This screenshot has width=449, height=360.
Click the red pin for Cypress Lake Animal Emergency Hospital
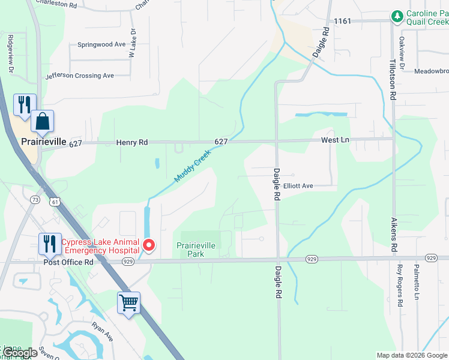[x=148, y=245]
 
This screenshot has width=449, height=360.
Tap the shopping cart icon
[x=129, y=303]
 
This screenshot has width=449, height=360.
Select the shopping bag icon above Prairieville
[x=43, y=122]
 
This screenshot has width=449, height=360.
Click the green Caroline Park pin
[x=396, y=16]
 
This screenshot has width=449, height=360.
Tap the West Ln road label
[x=335, y=140]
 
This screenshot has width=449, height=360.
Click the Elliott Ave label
[x=298, y=186]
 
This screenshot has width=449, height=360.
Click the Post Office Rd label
[x=68, y=262]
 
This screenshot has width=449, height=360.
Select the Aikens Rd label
[x=394, y=235]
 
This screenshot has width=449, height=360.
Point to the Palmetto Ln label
[x=416, y=282]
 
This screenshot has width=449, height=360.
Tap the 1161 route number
[x=343, y=21]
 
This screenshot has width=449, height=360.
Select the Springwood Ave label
[x=101, y=44]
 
